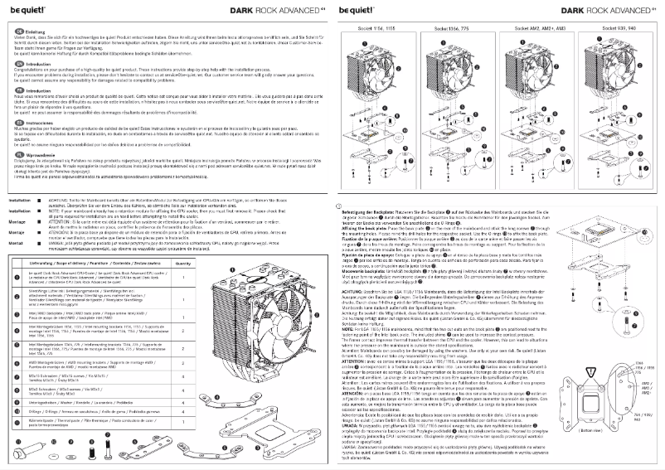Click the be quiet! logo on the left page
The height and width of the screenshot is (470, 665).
(23, 11)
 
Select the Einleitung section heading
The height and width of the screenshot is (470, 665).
(33, 29)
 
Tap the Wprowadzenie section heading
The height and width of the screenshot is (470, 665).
(41, 132)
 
